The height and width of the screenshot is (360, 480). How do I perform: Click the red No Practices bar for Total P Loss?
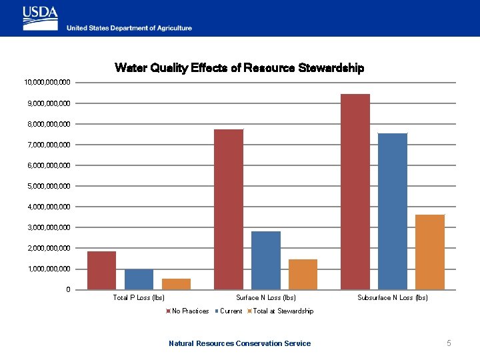click(x=101, y=270)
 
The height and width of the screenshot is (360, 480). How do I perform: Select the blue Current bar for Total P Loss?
click(x=139, y=279)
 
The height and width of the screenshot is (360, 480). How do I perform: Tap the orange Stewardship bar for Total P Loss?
click(x=176, y=284)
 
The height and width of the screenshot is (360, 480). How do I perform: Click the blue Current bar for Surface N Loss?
click(x=266, y=260)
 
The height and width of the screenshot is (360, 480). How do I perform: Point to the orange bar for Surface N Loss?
click(x=303, y=274)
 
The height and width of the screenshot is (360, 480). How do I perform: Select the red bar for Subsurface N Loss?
click(x=355, y=192)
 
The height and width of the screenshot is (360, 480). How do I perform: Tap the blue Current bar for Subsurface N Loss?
click(x=392, y=211)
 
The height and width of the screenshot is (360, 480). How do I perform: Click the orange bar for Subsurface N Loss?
click(x=429, y=252)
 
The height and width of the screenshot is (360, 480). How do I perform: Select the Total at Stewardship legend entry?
click(x=280, y=311)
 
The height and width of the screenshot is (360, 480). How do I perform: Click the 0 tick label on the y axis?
click(x=67, y=290)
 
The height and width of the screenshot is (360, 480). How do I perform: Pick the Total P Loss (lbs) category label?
click(x=139, y=298)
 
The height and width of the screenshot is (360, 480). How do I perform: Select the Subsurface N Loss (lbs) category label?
click(x=392, y=298)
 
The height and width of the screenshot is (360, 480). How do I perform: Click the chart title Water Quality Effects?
click(x=239, y=68)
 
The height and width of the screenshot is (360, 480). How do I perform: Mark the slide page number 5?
click(x=449, y=343)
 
